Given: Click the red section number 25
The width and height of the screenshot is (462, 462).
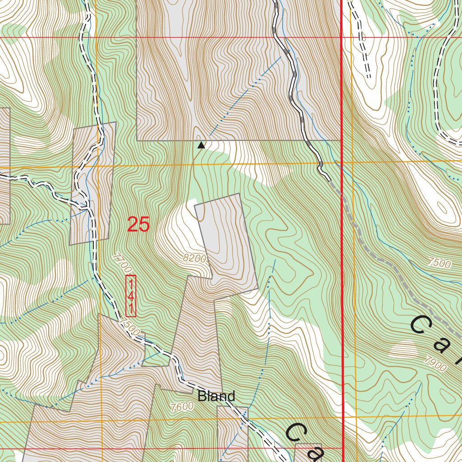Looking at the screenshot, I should tap(138, 224).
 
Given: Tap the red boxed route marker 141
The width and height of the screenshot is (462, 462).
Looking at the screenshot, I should tap(130, 296).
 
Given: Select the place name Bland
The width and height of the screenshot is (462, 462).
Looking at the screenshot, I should tap(217, 396).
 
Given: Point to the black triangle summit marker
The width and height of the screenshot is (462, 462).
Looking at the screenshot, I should tap(201, 145).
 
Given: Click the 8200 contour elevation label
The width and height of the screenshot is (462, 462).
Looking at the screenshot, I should tap(195, 259).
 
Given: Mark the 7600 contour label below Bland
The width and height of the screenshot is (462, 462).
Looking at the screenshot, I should tap(182, 406).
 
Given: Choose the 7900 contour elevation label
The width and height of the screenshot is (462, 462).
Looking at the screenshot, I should tap(435, 364).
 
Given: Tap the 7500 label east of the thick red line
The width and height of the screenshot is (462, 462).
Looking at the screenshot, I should tap(439, 263).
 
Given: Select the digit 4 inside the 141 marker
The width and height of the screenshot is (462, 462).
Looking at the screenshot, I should tap(130, 296).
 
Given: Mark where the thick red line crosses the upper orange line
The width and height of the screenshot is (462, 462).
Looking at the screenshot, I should tap(342, 161).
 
